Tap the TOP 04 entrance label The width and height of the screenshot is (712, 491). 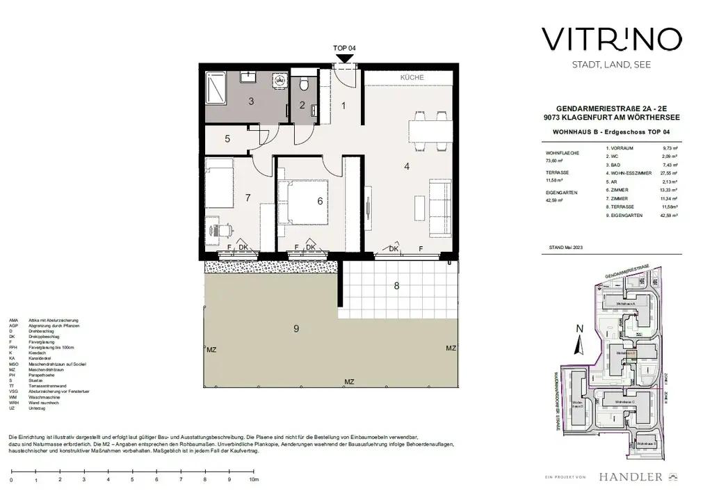345,48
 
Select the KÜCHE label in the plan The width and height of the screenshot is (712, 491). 412,78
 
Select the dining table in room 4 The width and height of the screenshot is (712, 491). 426,130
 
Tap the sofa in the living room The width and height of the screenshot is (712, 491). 439,207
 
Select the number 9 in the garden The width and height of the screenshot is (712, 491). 296,329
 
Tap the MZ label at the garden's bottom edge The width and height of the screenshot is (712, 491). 349,382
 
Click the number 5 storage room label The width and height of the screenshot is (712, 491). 227,139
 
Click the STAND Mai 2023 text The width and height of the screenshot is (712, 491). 560,248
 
